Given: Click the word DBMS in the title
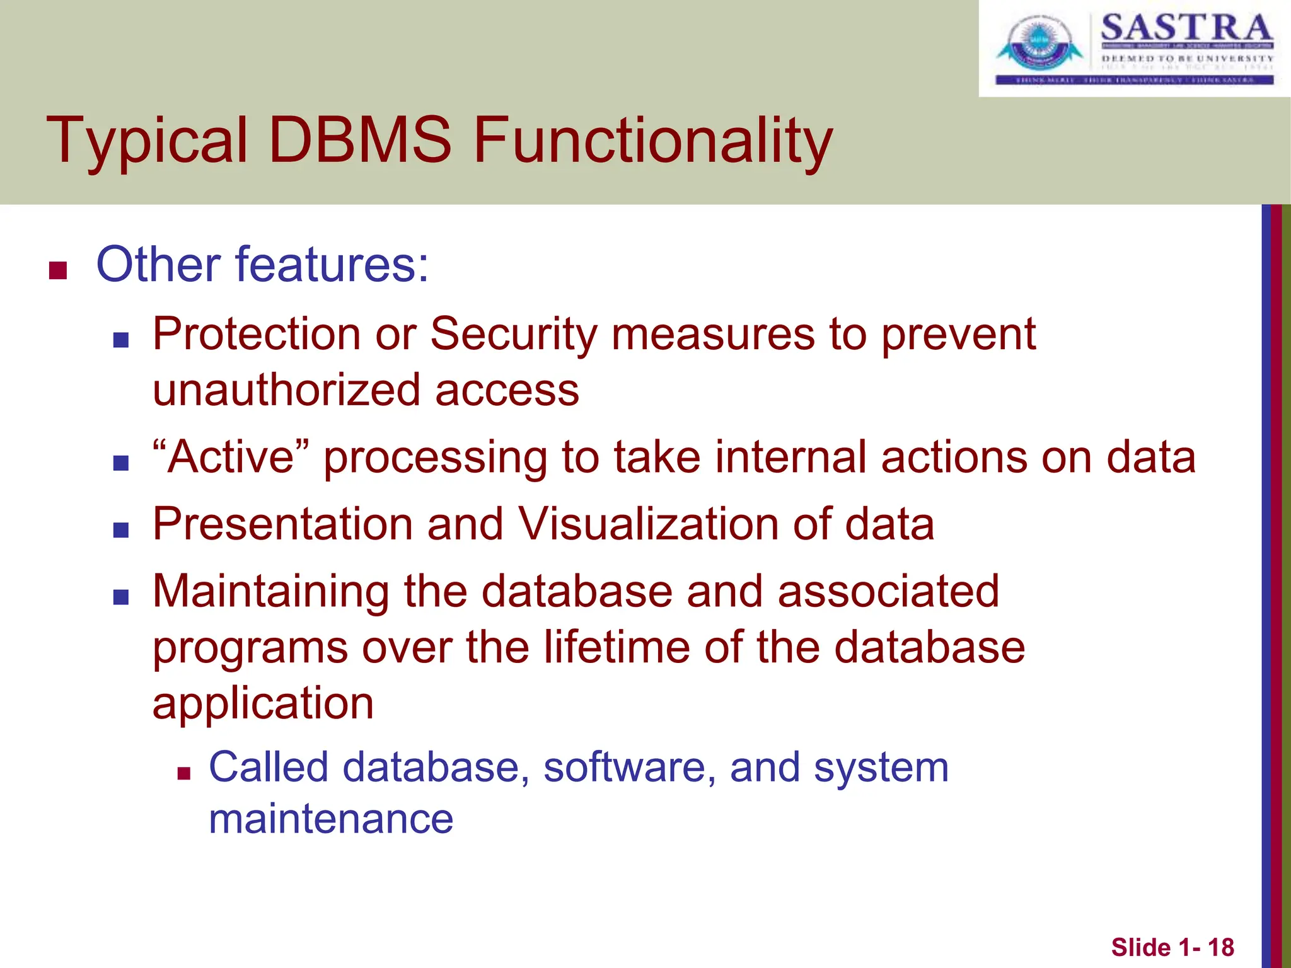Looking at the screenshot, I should [x=360, y=140].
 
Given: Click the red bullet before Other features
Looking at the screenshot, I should [x=58, y=270].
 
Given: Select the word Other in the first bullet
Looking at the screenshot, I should [x=158, y=264].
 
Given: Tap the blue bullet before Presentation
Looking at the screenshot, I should [x=121, y=530].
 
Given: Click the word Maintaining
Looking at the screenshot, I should [x=271, y=592].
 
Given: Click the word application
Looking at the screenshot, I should [x=263, y=705].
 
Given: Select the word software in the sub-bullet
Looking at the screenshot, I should [x=630, y=768].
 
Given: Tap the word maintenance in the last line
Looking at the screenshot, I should [x=331, y=819].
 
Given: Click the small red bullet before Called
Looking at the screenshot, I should [x=183, y=773].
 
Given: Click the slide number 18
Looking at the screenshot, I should [x=1220, y=947].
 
